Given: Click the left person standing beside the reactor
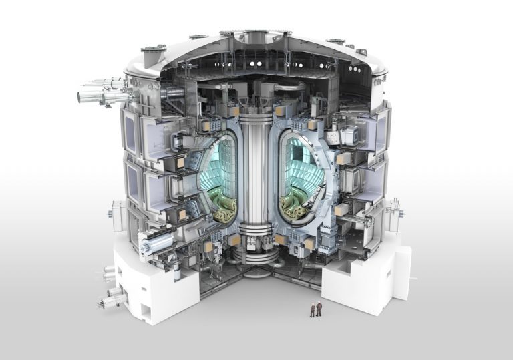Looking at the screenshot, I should click(311, 309).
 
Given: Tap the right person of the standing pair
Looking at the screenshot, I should click(319, 309).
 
